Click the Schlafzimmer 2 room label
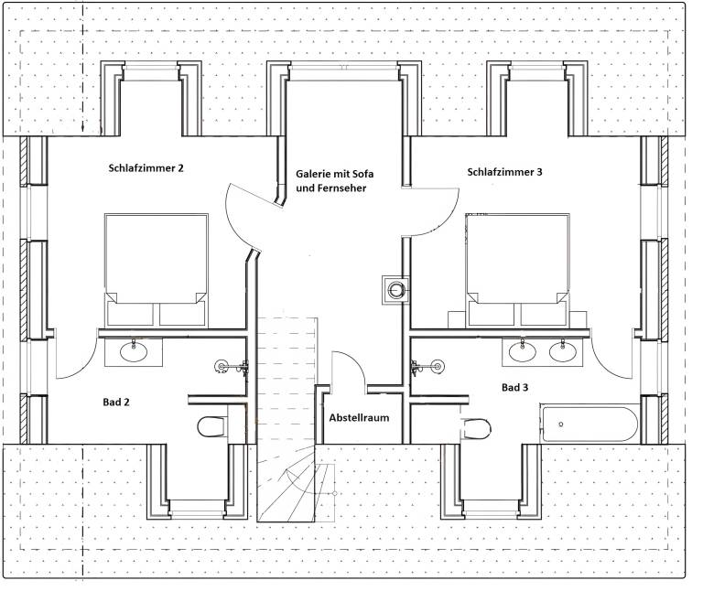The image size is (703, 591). pyautogui.click(x=146, y=168)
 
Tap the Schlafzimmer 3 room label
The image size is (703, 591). pyautogui.click(x=504, y=172)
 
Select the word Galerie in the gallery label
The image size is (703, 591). pyautogui.click(x=311, y=174)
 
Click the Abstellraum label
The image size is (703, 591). pyautogui.click(x=359, y=417)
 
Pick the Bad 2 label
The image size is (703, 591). pyautogui.click(x=116, y=402)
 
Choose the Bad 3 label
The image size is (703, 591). pyautogui.click(x=514, y=388)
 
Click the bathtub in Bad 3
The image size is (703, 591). pyautogui.click(x=589, y=424)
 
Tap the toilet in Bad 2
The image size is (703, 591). pyautogui.click(x=212, y=426)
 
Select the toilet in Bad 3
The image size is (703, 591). pyautogui.click(x=477, y=428)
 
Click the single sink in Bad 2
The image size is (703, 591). pyautogui.click(x=134, y=350)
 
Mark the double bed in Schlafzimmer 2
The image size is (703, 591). pyautogui.click(x=156, y=270)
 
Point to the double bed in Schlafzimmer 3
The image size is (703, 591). pyautogui.click(x=517, y=270)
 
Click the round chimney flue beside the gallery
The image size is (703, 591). pyautogui.click(x=395, y=290)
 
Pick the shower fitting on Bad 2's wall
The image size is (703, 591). pyautogui.click(x=232, y=367)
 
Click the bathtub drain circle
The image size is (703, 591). pyautogui.click(x=560, y=424)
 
